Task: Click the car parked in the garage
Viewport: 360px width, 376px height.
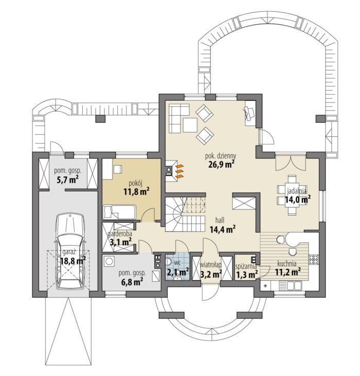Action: (70, 252)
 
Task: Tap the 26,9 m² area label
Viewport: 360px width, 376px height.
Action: (221, 165)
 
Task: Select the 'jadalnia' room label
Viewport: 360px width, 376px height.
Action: (297, 191)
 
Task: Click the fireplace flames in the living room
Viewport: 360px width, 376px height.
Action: (180, 171)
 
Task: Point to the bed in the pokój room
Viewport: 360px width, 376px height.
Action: (119, 212)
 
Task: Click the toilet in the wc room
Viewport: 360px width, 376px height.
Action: (169, 262)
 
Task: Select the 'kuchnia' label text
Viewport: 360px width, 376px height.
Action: (287, 263)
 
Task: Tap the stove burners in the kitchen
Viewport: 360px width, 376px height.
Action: (314, 259)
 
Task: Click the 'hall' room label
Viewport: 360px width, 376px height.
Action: (220, 220)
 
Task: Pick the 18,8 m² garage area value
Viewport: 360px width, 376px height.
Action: (73, 261)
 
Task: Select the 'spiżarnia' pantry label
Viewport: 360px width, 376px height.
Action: (246, 266)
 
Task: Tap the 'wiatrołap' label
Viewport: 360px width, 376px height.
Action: (211, 265)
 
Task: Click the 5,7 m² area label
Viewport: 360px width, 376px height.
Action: (67, 180)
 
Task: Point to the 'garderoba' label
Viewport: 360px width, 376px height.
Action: (120, 234)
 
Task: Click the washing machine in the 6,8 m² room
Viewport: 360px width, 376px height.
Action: (110, 261)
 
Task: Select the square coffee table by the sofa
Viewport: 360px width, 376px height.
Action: (190, 124)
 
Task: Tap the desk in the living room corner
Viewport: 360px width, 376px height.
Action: (250, 113)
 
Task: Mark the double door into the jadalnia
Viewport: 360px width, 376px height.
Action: (291, 163)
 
